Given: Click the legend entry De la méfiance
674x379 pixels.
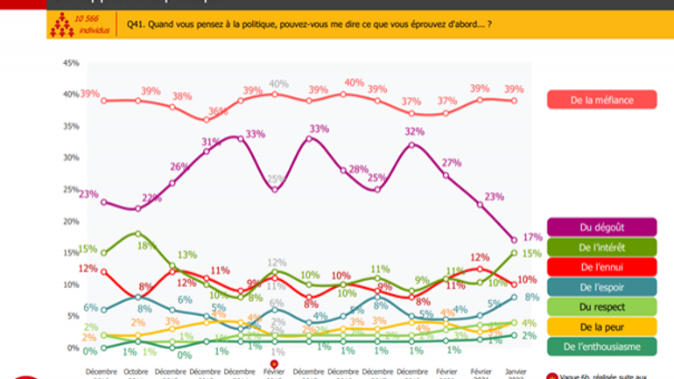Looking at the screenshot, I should pyautogui.click(x=601, y=100).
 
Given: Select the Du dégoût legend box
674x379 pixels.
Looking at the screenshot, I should pyautogui.click(x=601, y=228).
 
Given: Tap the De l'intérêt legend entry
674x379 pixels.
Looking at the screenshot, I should pyautogui.click(x=601, y=248).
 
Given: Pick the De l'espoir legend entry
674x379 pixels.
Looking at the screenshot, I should pyautogui.click(x=601, y=287).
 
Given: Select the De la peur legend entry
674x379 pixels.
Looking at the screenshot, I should pyautogui.click(x=601, y=326).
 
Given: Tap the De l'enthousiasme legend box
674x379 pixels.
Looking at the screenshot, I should pyautogui.click(x=601, y=347).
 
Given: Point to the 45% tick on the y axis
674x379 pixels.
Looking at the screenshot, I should pyautogui.click(x=71, y=63).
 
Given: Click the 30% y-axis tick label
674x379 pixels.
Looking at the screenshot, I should pyautogui.click(x=71, y=158).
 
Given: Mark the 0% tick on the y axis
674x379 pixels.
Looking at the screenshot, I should pyautogui.click(x=74, y=347).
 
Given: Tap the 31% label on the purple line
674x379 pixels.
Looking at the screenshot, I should pyautogui.click(x=210, y=142).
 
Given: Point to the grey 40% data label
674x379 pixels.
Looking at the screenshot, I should pyautogui.click(x=278, y=84).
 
